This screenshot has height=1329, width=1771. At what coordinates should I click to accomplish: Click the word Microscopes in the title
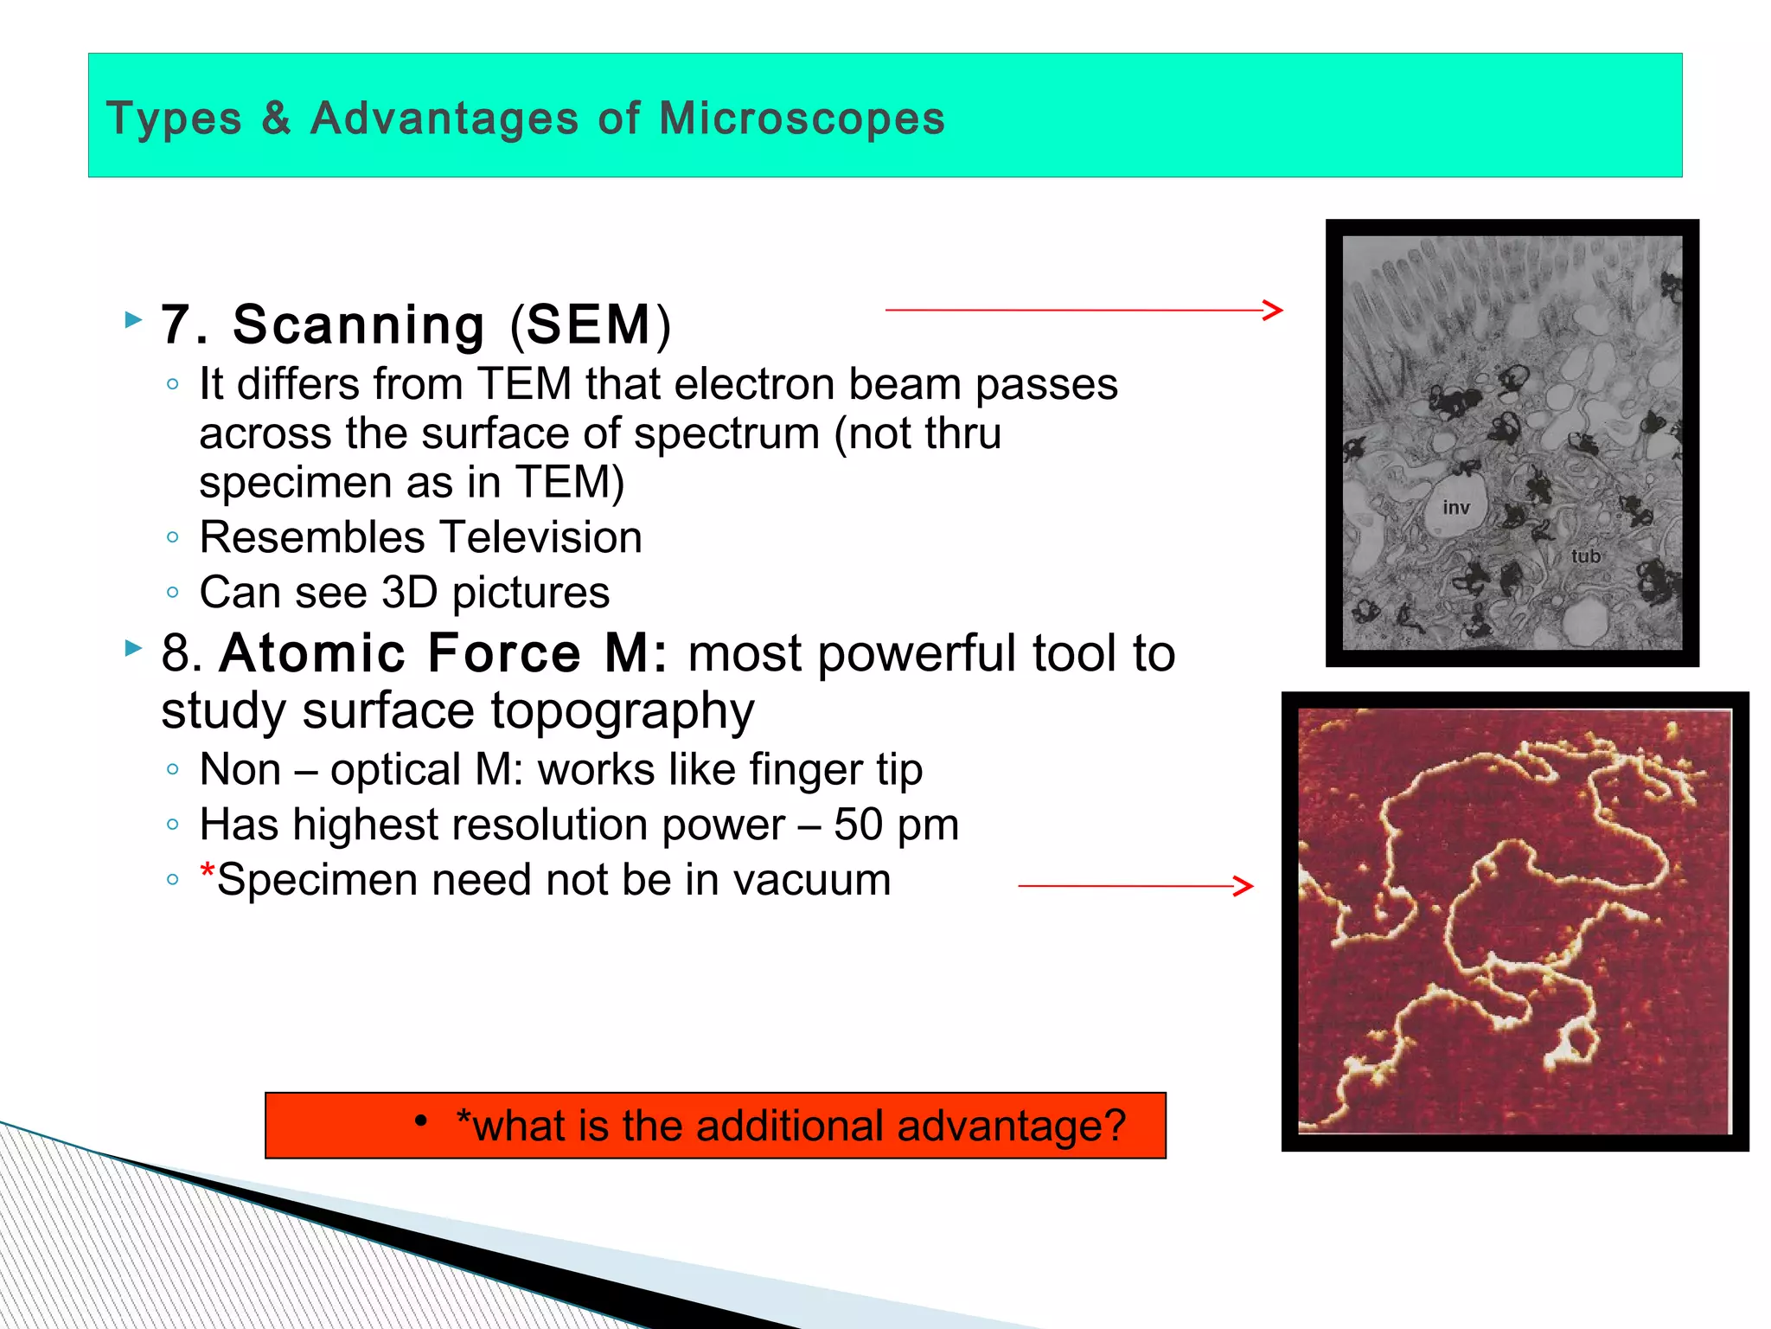click(x=802, y=119)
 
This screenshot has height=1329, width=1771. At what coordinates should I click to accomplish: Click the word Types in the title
click(x=174, y=119)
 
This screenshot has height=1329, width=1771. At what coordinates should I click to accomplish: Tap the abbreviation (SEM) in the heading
click(x=590, y=324)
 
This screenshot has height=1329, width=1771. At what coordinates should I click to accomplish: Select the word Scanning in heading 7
click(x=358, y=324)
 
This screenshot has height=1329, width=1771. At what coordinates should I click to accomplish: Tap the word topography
click(x=623, y=711)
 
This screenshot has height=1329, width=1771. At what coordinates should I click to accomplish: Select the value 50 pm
click(x=896, y=825)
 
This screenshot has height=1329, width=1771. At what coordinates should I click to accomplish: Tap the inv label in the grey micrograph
click(x=1456, y=508)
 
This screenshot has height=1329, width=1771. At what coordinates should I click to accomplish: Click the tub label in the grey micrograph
click(x=1585, y=556)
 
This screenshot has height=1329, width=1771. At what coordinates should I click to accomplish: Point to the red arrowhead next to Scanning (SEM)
click(x=1273, y=310)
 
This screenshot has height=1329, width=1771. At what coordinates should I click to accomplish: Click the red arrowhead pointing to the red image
click(x=1244, y=886)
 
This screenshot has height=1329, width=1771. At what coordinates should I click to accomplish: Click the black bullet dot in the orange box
click(x=421, y=1121)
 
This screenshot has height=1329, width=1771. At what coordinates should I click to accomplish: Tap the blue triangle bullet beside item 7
click(x=133, y=320)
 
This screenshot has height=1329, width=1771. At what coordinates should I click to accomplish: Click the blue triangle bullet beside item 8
click(x=133, y=647)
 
